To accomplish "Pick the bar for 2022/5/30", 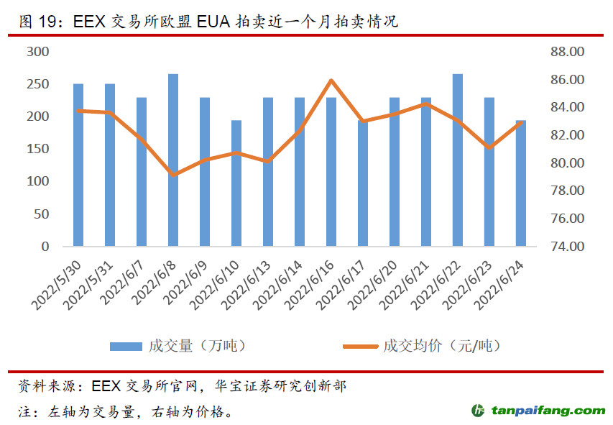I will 78,165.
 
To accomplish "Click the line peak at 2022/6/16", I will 331,81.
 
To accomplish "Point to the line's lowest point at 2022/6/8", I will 173,174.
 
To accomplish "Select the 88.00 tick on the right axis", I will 565,52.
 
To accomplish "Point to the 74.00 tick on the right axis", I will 565,247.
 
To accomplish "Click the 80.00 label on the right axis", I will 565,163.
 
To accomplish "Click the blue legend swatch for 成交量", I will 126,347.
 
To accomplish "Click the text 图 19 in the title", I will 37,22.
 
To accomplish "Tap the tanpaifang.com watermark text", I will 548,411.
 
